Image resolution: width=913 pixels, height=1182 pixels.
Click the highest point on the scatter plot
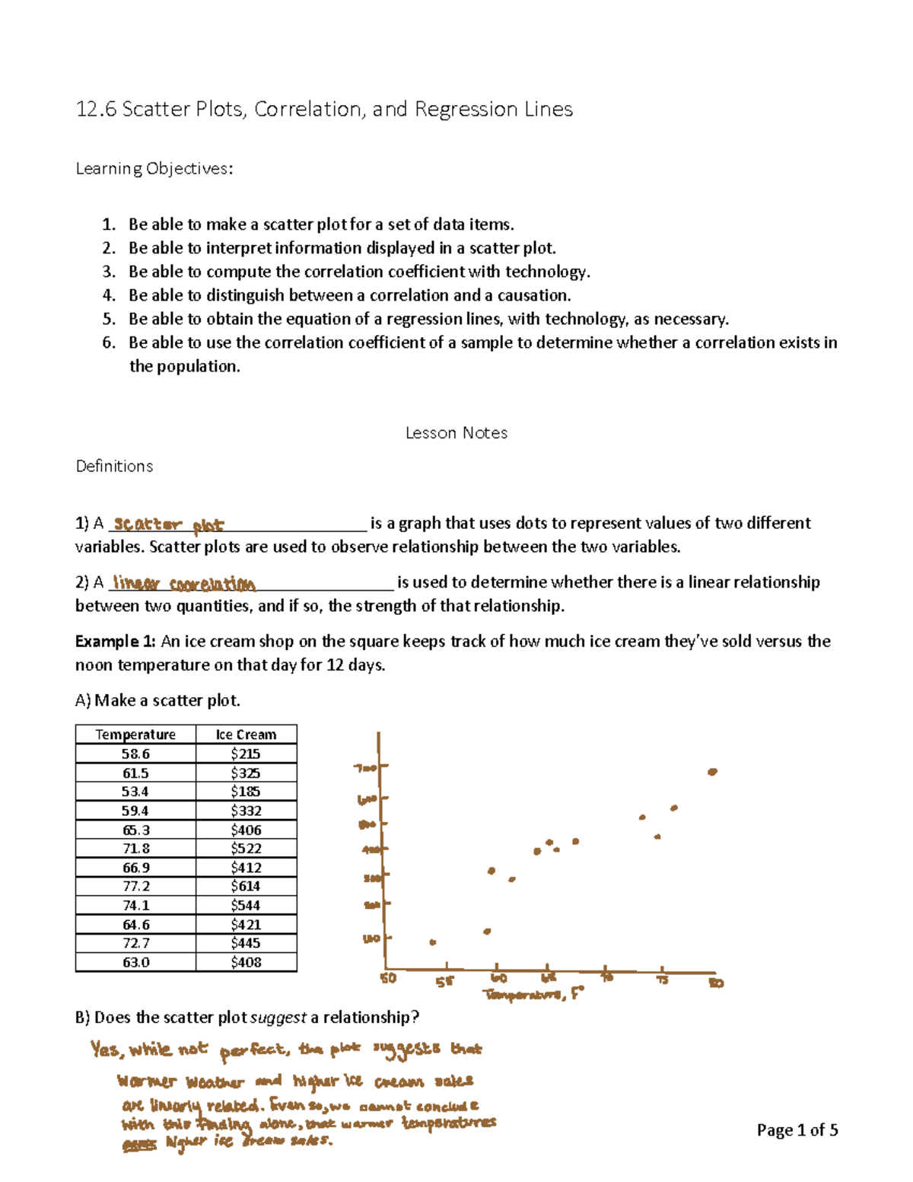[x=712, y=772]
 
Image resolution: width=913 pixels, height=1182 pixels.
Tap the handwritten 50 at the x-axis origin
[x=388, y=978]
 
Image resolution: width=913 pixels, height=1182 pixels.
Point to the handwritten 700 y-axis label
[x=366, y=768]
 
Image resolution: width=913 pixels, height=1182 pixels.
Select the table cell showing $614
[x=246, y=886]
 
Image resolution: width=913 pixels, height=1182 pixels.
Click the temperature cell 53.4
[x=135, y=792]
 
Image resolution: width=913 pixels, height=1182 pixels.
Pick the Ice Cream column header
[x=246, y=734]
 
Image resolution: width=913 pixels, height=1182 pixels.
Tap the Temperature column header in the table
[x=135, y=734]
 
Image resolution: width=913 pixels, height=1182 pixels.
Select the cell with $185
[x=246, y=792]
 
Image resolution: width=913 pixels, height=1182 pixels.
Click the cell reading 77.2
[x=135, y=886]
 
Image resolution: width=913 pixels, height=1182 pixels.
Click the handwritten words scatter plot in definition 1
[x=168, y=524]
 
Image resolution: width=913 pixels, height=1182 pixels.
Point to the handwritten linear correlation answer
[x=183, y=584]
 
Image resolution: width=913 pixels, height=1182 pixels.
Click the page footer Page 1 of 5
[x=797, y=1130]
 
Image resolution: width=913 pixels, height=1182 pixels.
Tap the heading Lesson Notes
[x=456, y=433]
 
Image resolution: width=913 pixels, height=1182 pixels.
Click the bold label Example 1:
[x=116, y=641]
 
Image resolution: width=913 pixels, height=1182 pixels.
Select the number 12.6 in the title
[x=96, y=110]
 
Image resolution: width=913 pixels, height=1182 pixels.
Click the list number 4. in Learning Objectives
[x=109, y=295]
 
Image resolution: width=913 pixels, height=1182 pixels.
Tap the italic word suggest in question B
[x=278, y=1018]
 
